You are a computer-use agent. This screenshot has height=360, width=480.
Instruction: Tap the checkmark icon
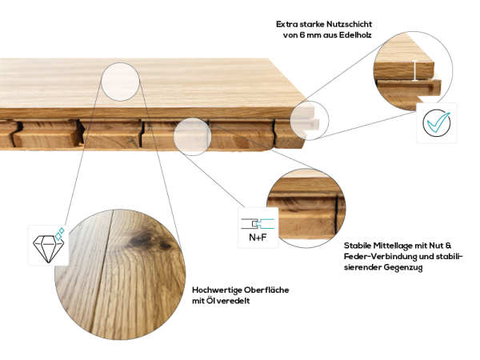[x=437, y=123]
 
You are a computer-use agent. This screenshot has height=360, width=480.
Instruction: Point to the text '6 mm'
[x=307, y=35]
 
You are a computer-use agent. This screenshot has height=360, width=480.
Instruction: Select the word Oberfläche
[x=268, y=289]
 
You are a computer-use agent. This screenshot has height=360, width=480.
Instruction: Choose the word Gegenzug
[x=400, y=267]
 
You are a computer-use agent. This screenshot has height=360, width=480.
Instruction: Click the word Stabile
[x=358, y=245]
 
